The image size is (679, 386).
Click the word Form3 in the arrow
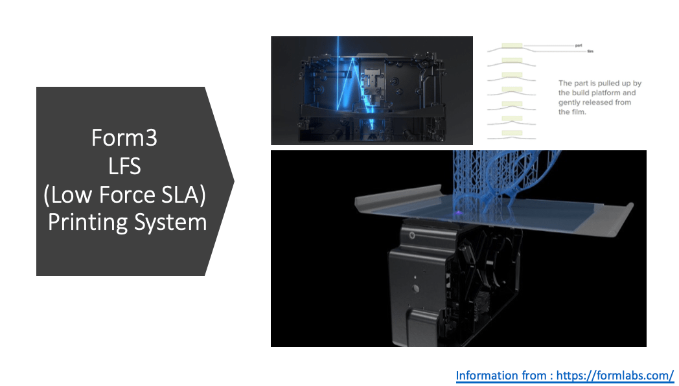(x=124, y=137)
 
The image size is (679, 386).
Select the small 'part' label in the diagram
(x=579, y=45)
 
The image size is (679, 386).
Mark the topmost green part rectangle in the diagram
(x=512, y=46)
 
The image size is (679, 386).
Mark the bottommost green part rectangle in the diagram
(x=512, y=133)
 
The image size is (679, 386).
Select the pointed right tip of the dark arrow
(x=233, y=181)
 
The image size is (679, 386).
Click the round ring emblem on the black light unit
(x=411, y=236)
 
